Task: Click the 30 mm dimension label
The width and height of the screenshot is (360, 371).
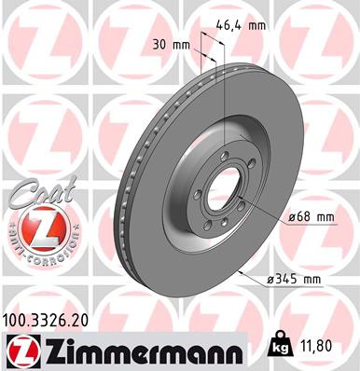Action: pyautogui.click(x=169, y=44)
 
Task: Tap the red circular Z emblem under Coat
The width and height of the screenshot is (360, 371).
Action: pyautogui.click(x=34, y=225)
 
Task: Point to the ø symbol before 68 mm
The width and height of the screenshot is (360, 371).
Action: pyautogui.click(x=293, y=217)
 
